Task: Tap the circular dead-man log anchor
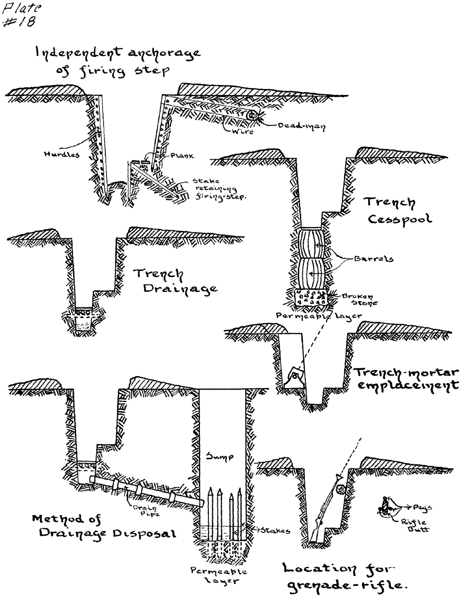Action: click(x=252, y=115)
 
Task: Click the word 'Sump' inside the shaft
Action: click(x=219, y=456)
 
